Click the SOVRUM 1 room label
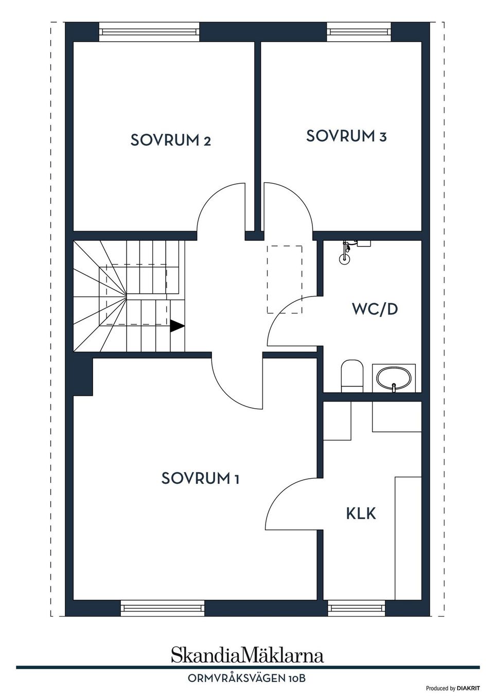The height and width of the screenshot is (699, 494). click(x=200, y=478)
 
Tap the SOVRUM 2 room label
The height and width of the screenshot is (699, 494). click(x=171, y=140)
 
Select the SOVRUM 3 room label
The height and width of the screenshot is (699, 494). click(x=346, y=136)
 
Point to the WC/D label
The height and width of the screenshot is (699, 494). click(x=375, y=309)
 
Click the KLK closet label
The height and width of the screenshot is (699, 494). click(x=361, y=513)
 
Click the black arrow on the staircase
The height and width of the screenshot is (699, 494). click(x=177, y=326)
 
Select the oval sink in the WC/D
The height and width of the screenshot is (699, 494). click(x=394, y=379)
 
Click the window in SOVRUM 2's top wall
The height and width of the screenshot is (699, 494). click(x=149, y=31)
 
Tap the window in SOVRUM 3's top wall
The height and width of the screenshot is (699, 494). click(x=359, y=31)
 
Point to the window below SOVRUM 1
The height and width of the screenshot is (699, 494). click(x=163, y=608)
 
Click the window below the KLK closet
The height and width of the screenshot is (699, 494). click(x=357, y=608)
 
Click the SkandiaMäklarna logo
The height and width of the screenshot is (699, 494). click(x=248, y=655)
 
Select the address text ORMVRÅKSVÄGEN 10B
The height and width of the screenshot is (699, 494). click(x=247, y=678)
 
